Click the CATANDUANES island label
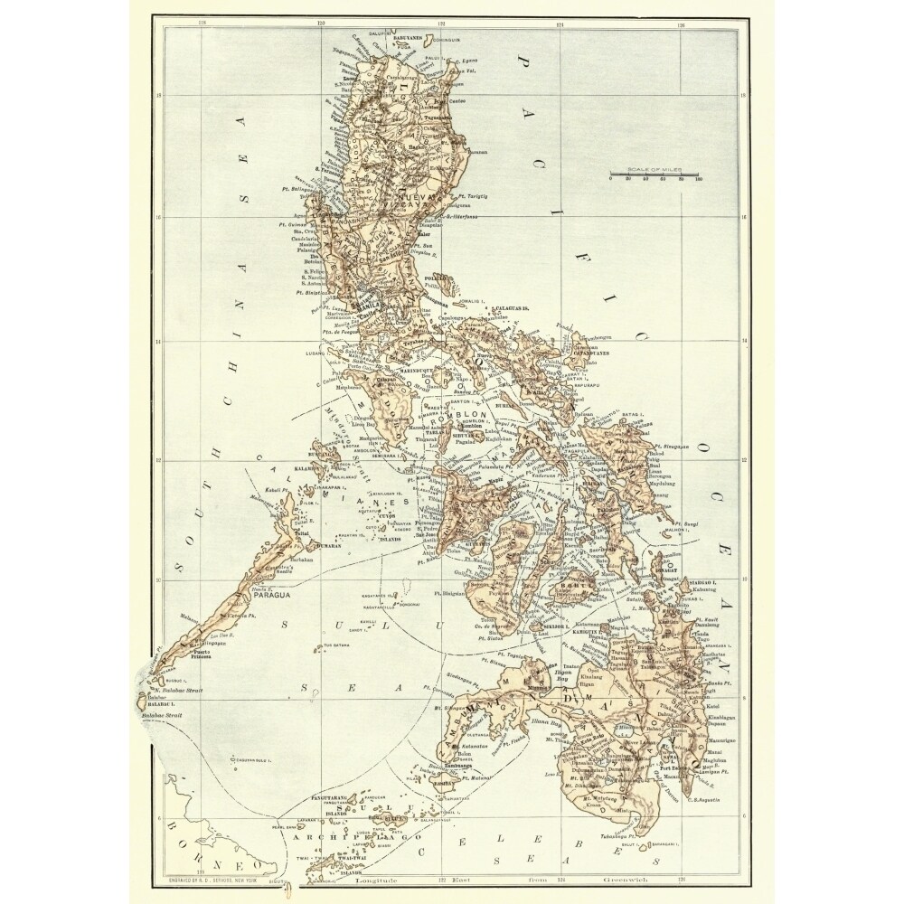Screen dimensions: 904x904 click(593, 353)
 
